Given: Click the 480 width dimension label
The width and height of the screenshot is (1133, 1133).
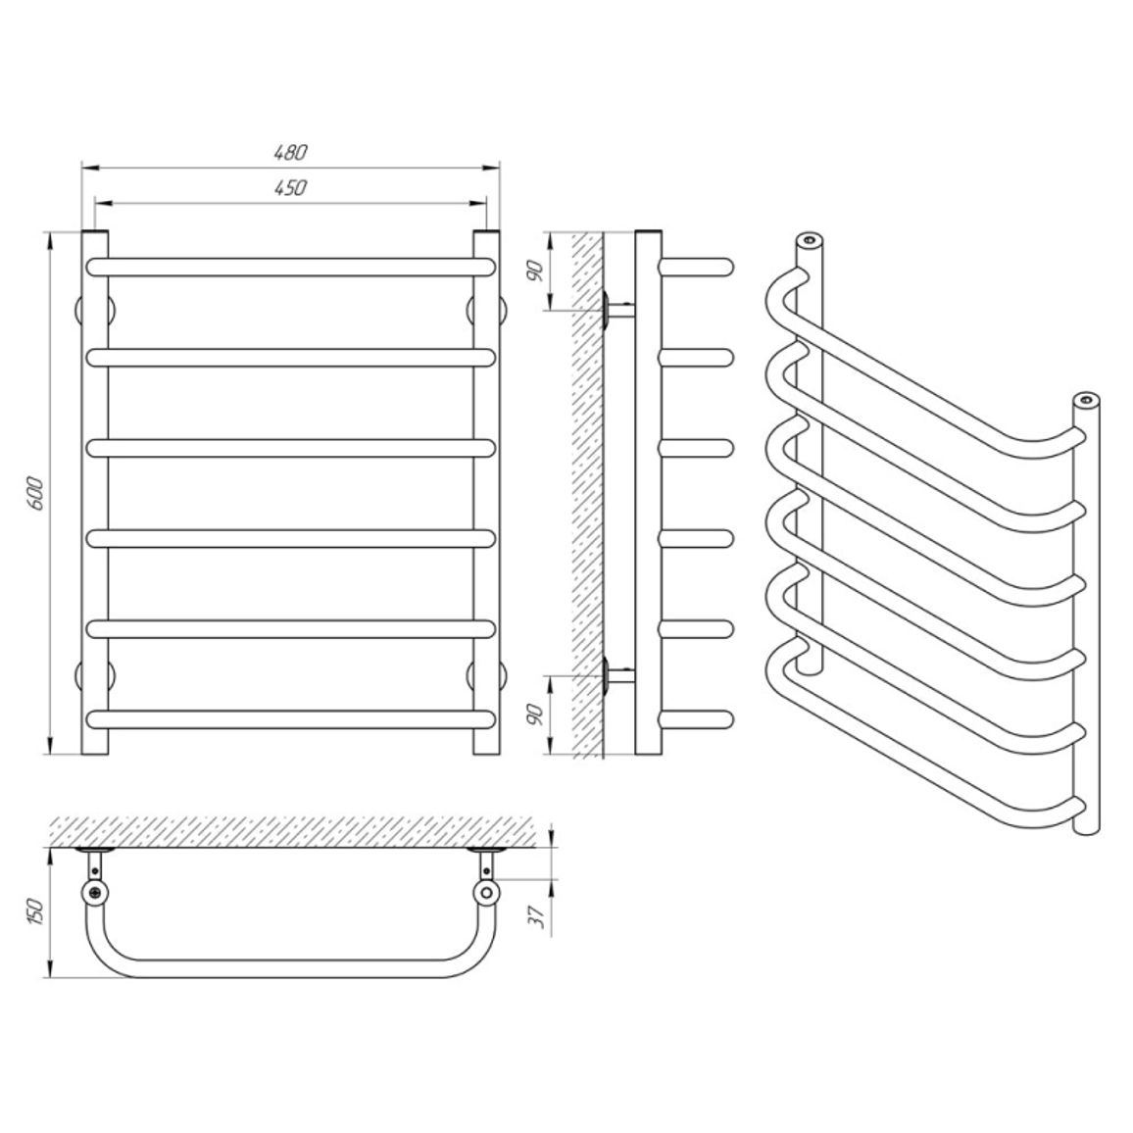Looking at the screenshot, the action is (x=290, y=153).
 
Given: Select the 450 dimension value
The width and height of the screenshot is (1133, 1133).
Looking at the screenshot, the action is (x=290, y=188).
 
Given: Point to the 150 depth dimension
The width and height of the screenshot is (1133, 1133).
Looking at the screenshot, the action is (x=37, y=912).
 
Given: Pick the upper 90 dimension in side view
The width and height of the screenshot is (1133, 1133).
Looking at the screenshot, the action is (x=534, y=271).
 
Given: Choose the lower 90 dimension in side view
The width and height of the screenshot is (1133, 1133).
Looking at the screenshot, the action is (x=534, y=714).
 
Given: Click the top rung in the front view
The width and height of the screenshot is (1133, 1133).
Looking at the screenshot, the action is (x=290, y=268).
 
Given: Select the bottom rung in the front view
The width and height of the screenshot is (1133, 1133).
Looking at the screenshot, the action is (x=290, y=719).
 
